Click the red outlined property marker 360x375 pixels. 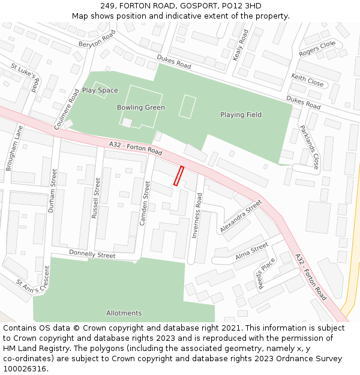pyautogui.click(x=178, y=176)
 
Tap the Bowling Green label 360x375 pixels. pyautogui.click(x=140, y=107)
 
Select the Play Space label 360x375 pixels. pyautogui.click(x=100, y=90)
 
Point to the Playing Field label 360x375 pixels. pyautogui.click(x=241, y=115)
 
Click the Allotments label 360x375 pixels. pyautogui.click(x=124, y=313)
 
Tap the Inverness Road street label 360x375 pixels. pyautogui.click(x=197, y=216)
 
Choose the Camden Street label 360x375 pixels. pyautogui.click(x=145, y=203)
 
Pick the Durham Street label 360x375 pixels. pyautogui.click(x=54, y=191)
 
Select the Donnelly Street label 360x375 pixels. pyautogui.click(x=92, y=255)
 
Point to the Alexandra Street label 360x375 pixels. pyautogui.click(x=241, y=217)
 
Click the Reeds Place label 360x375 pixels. pyautogui.click(x=266, y=274)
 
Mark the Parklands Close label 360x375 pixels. pyautogui.click(x=310, y=147)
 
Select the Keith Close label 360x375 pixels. pyautogui.click(x=307, y=80)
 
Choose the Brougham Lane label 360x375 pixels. pyautogui.click(x=14, y=148)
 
